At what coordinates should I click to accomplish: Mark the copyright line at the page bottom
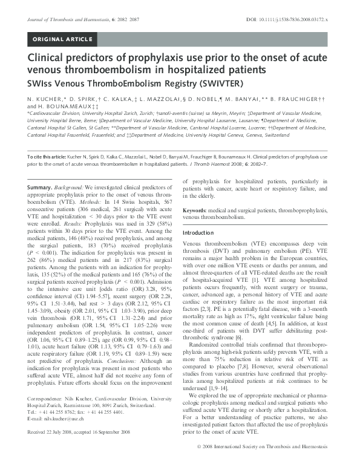click(x=269, y=462)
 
